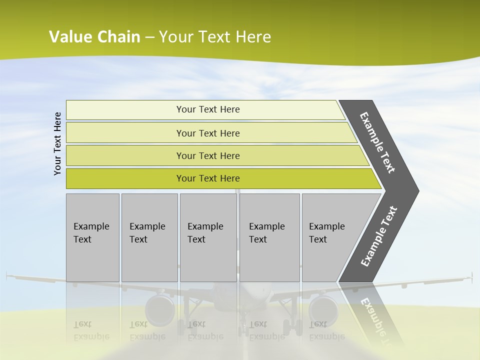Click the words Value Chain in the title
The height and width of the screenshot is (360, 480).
(94, 37)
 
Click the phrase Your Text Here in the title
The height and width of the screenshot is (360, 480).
(215, 37)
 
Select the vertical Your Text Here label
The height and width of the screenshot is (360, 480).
(57, 143)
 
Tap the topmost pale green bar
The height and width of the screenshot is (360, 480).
(207, 109)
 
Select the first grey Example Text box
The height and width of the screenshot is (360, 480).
(92, 237)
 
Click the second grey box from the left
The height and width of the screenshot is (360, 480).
(149, 237)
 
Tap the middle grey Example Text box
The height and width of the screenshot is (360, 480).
(208, 237)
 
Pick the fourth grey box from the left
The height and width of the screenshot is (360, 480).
(269, 237)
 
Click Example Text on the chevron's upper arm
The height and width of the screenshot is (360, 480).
(377, 142)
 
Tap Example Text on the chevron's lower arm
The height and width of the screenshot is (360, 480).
(379, 236)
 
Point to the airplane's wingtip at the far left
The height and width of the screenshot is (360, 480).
(8, 274)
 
